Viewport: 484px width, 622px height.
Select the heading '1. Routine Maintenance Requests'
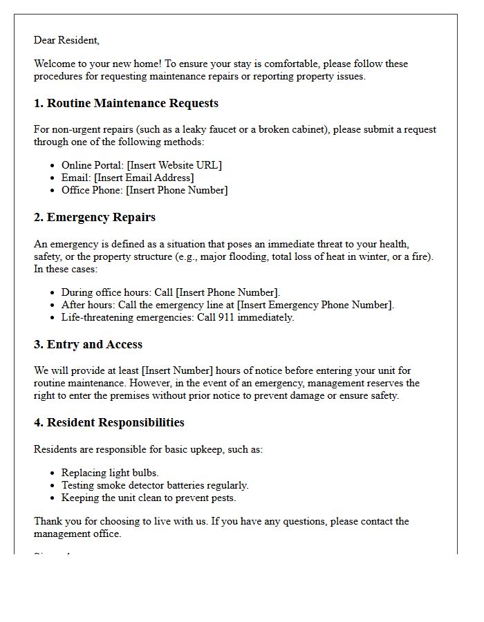coord(126,104)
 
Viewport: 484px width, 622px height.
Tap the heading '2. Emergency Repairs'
coord(95,218)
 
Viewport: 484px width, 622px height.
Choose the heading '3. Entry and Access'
coord(88,345)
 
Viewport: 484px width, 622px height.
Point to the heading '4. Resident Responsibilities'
coord(109,423)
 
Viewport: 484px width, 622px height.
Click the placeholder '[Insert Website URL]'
coord(174,165)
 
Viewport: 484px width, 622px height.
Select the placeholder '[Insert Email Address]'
coord(144,178)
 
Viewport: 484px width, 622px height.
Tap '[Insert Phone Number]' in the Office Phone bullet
coord(177,190)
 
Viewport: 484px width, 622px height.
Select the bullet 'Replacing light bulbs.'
coord(110,473)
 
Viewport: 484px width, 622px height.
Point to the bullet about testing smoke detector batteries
coord(155,485)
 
